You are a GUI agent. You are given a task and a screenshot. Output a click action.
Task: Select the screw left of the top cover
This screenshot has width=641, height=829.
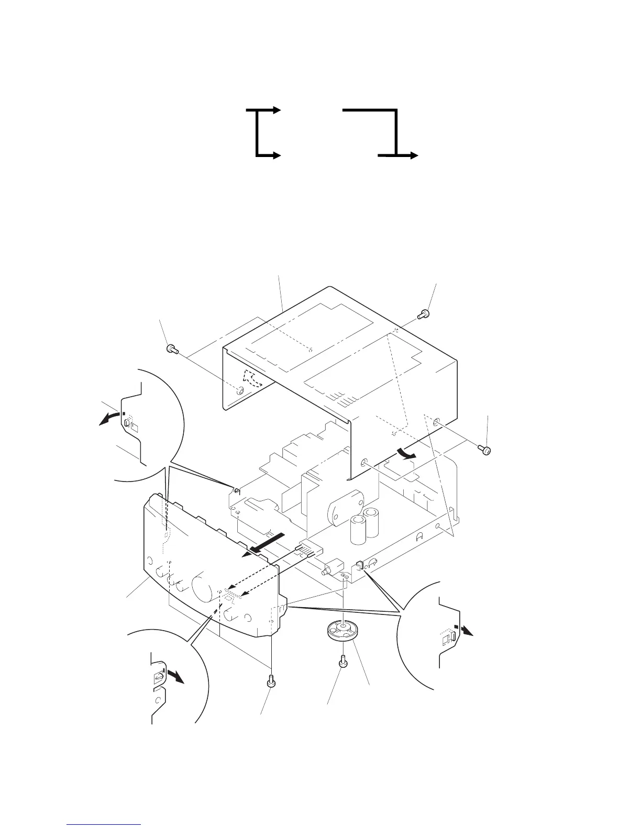tap(171, 349)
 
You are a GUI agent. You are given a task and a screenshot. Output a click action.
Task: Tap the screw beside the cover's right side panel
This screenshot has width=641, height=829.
tap(485, 450)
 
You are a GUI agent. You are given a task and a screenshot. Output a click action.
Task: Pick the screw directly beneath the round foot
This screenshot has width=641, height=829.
tap(343, 662)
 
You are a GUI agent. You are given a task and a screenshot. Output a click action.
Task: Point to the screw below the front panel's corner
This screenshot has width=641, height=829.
tap(270, 680)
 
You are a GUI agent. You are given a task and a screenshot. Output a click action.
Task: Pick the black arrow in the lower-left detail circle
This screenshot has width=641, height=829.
tap(175, 676)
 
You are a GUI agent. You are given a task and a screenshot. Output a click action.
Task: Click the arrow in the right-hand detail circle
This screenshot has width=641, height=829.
tap(466, 630)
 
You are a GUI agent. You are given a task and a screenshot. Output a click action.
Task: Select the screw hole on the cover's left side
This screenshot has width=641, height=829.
tap(240, 390)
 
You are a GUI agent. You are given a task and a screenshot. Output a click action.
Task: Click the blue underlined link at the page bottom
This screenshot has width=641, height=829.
tap(104, 825)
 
